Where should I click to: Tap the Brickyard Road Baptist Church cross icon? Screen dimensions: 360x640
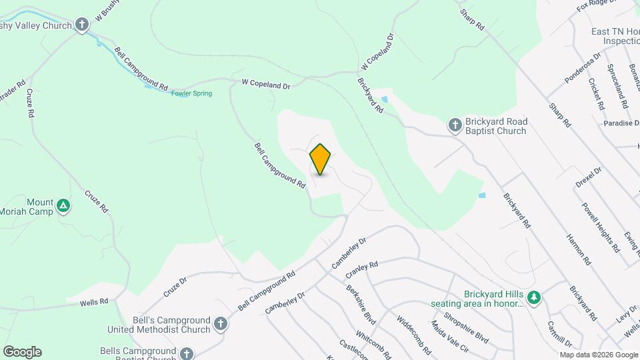pyautogui.click(x=455, y=125)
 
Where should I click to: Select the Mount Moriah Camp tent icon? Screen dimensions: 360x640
pyautogui.click(x=63, y=206)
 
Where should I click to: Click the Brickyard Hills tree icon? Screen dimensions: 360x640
pyautogui.click(x=533, y=297)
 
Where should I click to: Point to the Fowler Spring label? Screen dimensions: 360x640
pyautogui.click(x=191, y=93)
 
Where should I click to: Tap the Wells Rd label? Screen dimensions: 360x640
pyautogui.click(x=94, y=302)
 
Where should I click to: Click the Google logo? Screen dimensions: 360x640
pyautogui.click(x=22, y=351)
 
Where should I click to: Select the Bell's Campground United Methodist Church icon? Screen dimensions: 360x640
pyautogui.click(x=221, y=324)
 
